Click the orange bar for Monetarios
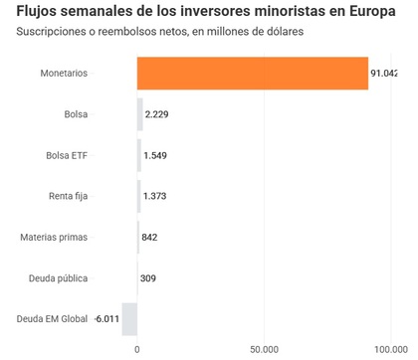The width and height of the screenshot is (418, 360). [253, 74]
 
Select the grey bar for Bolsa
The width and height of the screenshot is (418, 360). [140, 114]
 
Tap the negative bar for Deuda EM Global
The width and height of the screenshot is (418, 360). [129, 318]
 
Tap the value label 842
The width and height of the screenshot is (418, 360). [149, 237]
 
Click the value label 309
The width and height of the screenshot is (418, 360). [148, 277]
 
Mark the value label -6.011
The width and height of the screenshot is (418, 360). [105, 318]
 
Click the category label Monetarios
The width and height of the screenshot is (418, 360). [64, 74]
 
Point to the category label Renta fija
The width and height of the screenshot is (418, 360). [68, 196]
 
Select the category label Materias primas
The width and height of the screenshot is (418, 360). [54, 237]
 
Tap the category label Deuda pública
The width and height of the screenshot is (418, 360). [58, 277]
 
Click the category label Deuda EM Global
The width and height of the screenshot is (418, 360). [51, 318]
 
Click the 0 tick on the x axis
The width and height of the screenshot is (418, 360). [137, 349]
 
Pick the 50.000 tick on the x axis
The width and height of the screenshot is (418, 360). [264, 349]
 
